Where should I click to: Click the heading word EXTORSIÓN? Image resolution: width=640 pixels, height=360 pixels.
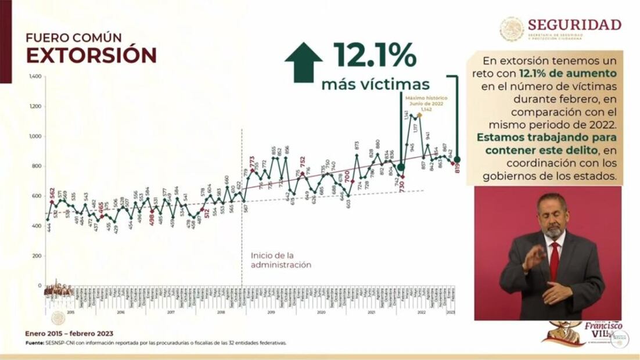coord(91,55)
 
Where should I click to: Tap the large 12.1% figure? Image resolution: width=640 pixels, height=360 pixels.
coord(375,55)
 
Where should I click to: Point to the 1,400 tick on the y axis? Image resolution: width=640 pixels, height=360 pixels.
coord(35,77)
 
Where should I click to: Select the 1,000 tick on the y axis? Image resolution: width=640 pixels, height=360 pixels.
coord(35,136)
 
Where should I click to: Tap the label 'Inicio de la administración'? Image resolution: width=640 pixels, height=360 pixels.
coord(281,260)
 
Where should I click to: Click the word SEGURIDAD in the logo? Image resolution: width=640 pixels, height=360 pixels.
coord(574,24)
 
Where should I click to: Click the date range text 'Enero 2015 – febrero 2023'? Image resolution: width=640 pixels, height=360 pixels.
coord(69,334)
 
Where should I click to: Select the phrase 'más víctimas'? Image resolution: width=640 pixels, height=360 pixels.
coord(375,84)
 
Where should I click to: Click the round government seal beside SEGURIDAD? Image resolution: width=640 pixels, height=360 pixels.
coord(512,28)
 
